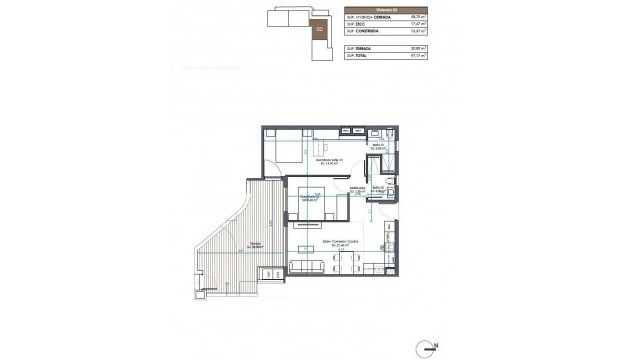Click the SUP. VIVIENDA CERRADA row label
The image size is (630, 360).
(367, 17)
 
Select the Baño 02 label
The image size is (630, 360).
(379, 188)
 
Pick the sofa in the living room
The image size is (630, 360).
(305, 266)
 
